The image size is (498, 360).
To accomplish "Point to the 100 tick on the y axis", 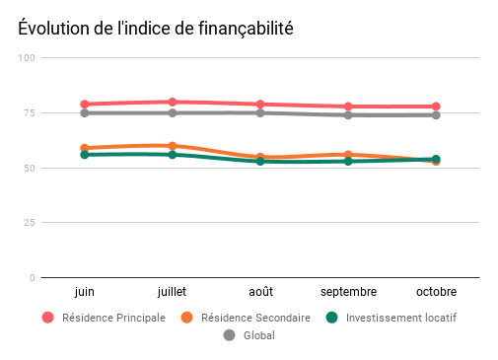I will (28, 58).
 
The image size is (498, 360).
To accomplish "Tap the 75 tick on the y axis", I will (30, 113).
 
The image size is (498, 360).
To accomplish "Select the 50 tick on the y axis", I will (30, 168).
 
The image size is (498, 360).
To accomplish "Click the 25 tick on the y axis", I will (30, 223).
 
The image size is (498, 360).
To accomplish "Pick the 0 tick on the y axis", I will (33, 278).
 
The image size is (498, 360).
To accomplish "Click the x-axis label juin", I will (86, 292).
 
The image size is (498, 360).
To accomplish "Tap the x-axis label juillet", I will (173, 292).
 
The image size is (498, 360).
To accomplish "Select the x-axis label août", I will (260, 292).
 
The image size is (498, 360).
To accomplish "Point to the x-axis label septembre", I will (348, 292).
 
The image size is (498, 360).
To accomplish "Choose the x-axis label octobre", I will (436, 292).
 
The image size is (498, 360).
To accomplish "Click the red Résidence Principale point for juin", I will (86, 104).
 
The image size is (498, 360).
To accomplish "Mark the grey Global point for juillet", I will (173, 112).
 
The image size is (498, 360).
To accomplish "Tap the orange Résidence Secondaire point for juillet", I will (173, 146).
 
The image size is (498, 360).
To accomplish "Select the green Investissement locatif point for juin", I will (86, 155).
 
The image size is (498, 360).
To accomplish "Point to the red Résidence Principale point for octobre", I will (436, 107).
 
